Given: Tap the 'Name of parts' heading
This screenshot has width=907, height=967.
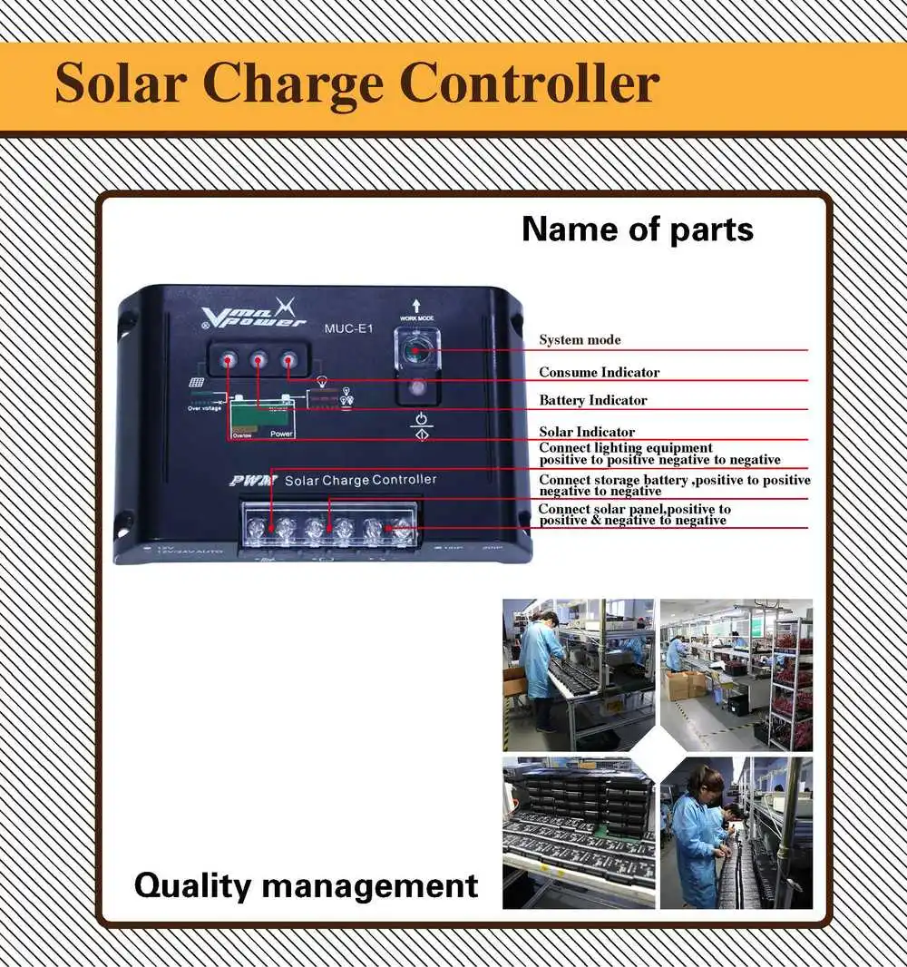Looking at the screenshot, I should tap(637, 230).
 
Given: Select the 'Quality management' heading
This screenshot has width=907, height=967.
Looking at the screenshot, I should tap(306, 884).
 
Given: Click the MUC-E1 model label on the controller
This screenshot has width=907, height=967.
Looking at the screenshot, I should tap(348, 328).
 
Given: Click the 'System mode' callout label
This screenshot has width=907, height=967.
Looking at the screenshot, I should tap(580, 340).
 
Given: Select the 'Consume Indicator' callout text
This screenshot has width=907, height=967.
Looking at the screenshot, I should tap(599, 372).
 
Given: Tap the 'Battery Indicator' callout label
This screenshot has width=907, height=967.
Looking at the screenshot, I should tap(592, 400).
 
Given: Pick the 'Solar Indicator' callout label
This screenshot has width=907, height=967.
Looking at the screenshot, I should tap(587, 432).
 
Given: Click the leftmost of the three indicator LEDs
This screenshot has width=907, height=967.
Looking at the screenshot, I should tap(229, 360).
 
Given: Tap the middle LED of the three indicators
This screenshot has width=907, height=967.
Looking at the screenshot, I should tap(258, 360).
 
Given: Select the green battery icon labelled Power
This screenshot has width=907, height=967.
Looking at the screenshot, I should tap(262, 419).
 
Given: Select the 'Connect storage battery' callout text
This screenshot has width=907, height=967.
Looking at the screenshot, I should tap(674, 485).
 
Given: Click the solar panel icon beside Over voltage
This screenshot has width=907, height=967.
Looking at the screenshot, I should tap(196, 384).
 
